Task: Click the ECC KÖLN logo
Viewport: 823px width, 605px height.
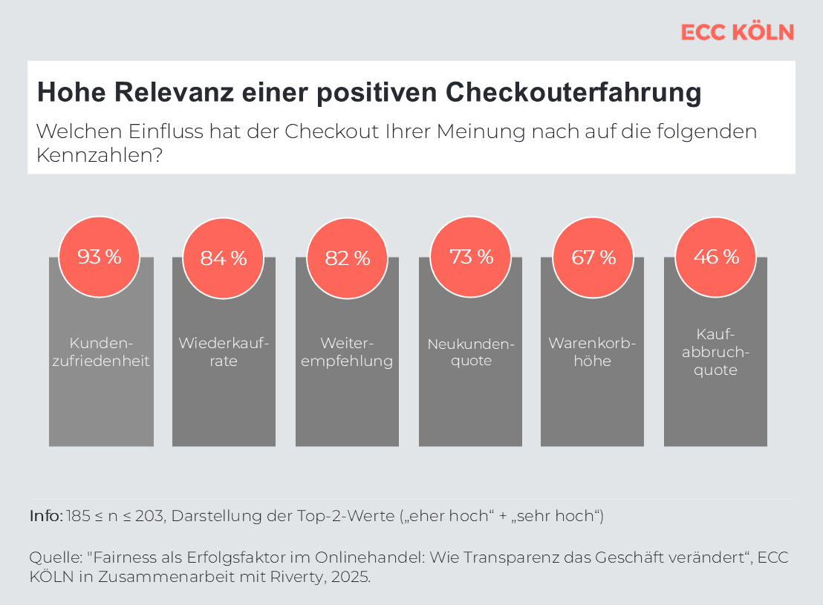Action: pos(737,33)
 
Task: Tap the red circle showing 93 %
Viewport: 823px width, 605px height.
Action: pos(100,257)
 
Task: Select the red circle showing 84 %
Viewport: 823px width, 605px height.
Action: pos(223,258)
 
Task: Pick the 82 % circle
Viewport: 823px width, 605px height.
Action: pos(347,258)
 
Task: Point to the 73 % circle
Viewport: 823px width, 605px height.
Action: pos(471,257)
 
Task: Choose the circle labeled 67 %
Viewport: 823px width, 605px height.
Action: pos(593,258)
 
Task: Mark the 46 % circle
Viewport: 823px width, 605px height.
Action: pos(716,257)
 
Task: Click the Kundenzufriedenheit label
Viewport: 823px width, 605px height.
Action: pos(100,352)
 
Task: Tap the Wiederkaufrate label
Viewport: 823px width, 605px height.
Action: pos(223,352)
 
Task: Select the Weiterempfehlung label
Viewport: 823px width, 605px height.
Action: pos(347,352)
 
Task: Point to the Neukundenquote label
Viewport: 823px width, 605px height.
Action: pos(471,352)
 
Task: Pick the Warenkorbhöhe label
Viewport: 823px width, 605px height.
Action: pos(592,352)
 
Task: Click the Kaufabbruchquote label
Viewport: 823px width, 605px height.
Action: pos(716,352)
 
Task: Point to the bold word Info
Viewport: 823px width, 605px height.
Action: pos(45,516)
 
